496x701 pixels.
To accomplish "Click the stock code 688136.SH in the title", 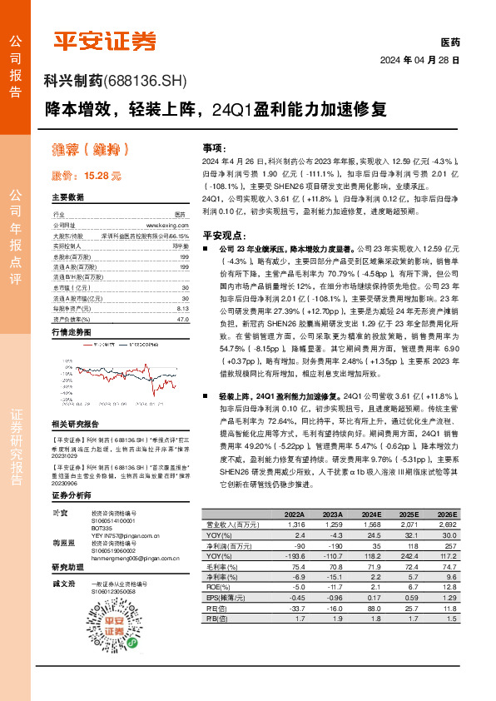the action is point(146,81).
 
